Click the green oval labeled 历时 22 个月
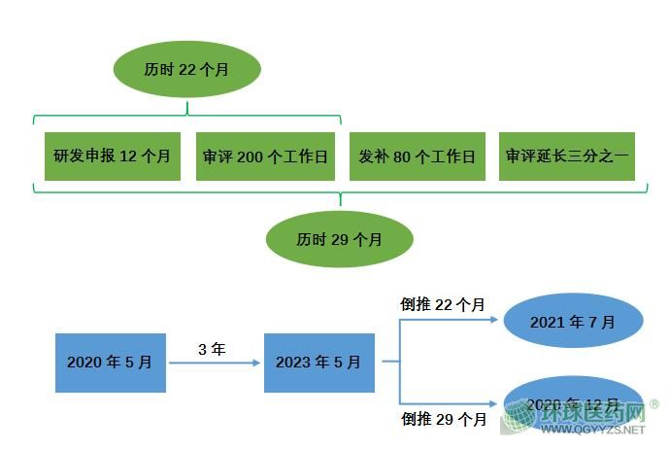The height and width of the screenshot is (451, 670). click(187, 70)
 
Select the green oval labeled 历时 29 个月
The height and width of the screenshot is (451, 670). click(339, 238)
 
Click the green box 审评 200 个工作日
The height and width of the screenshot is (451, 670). click(265, 156)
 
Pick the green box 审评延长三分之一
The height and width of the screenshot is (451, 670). click(567, 156)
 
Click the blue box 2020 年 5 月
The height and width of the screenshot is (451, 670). click(110, 362)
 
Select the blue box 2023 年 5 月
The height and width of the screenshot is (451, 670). click(318, 362)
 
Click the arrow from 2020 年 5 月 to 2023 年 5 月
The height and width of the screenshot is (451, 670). click(214, 363)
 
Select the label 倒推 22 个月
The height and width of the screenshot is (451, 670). click(443, 304)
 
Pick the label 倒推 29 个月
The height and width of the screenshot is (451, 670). click(443, 419)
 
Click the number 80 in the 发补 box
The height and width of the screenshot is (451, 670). click(402, 156)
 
